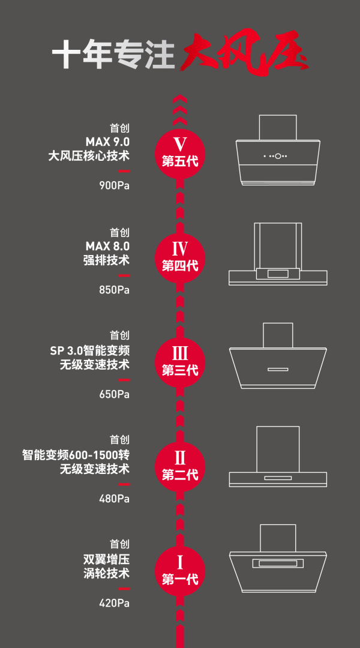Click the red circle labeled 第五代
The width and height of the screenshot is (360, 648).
[x=180, y=154]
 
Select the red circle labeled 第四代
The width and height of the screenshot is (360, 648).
[x=180, y=258]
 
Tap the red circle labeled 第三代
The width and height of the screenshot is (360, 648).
[x=180, y=363]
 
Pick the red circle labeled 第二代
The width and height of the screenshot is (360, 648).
[x=180, y=467]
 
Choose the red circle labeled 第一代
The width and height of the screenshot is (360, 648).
[x=180, y=572]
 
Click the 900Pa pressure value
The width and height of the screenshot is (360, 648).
[x=115, y=186]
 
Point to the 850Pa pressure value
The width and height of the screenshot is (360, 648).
[x=115, y=290]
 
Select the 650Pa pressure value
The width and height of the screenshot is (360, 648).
[x=115, y=395]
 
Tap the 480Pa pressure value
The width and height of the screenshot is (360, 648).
[x=115, y=499]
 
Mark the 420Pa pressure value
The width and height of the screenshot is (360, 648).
[x=115, y=604]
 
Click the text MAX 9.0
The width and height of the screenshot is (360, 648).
[x=107, y=142]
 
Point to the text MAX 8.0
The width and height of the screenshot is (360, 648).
[x=107, y=247]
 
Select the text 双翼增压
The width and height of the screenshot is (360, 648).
[x=107, y=560]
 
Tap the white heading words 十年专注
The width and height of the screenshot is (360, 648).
[x=113, y=54]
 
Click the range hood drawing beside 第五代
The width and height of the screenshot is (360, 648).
[x=278, y=149]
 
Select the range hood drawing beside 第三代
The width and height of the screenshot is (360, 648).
[x=278, y=355]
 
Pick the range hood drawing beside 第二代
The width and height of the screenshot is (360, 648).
[x=278, y=456]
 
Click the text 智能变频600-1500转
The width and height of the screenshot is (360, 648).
[x=76, y=455]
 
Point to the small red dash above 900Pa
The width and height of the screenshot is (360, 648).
[x=124, y=171]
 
